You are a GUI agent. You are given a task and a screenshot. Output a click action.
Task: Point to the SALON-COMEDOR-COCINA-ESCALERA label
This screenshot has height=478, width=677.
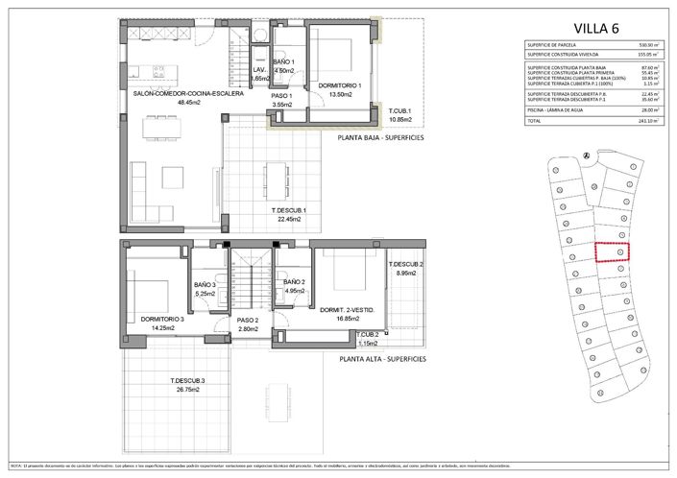(x=187, y=93)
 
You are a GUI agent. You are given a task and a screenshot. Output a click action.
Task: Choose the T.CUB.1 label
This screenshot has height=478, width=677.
(x=393, y=111)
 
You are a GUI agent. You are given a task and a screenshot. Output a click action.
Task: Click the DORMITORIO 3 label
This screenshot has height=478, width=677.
(x=148, y=318)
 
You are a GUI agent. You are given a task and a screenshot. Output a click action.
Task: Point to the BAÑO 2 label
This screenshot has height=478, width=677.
(x=294, y=282)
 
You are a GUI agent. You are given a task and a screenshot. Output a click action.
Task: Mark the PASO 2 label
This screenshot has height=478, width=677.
(x=248, y=321)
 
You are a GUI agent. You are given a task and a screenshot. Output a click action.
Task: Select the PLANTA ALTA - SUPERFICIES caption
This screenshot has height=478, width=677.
(x=381, y=361)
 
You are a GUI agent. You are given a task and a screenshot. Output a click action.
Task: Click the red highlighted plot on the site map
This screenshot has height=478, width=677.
(x=612, y=251)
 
